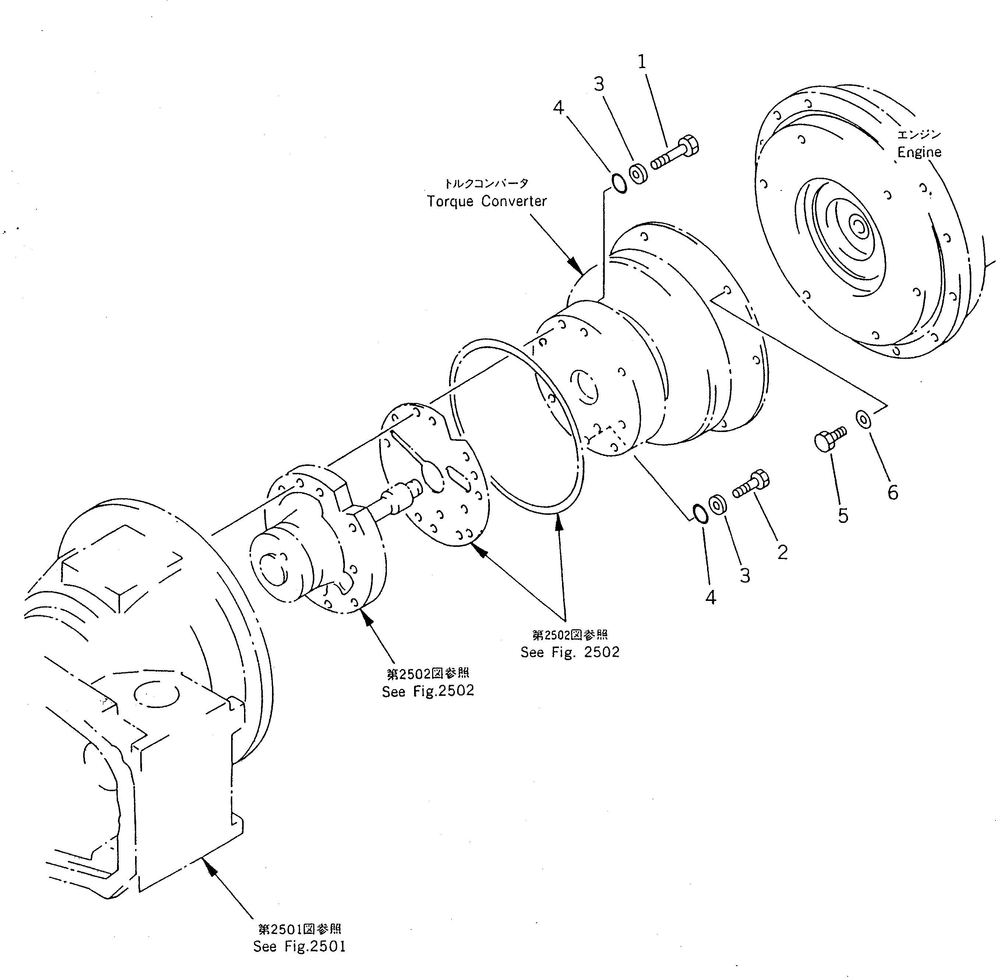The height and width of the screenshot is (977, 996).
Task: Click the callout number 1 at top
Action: coord(642,62)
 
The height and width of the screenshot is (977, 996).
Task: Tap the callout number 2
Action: coord(782,552)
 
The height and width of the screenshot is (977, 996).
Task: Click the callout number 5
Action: coord(843,516)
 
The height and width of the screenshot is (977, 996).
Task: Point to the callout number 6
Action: coord(893,493)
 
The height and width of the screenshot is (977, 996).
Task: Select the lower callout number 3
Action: coord(745,575)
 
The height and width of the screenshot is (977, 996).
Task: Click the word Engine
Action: coord(919,152)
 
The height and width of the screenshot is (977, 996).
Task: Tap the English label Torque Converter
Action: coord(487,201)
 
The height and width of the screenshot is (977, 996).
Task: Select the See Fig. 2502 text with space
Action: coord(569,652)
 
